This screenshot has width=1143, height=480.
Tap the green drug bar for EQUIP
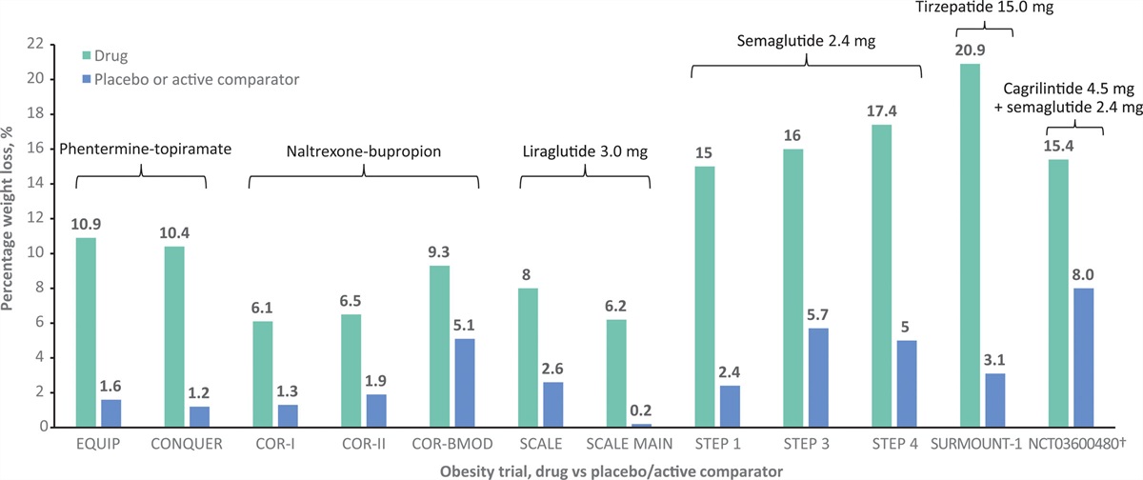coord(86,332)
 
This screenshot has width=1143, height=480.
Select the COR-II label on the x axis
coord(363,444)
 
